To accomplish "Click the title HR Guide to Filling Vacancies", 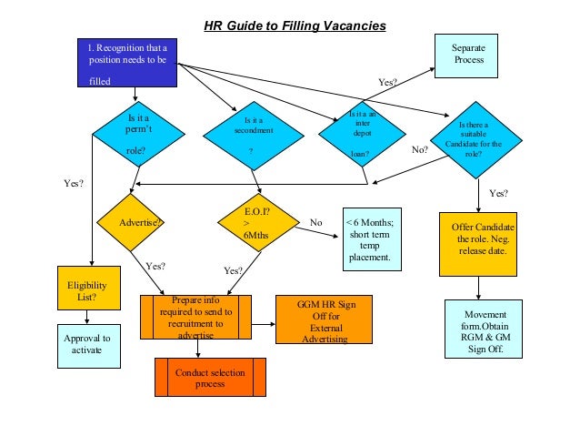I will (x=294, y=25).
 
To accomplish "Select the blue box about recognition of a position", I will (x=126, y=64).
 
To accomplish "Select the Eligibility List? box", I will (x=87, y=289).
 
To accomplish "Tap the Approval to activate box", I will (x=87, y=345).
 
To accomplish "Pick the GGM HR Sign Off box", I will (x=324, y=319).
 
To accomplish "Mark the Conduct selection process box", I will (x=210, y=378).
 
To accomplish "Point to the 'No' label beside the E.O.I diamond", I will (x=316, y=222).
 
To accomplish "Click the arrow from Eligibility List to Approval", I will (x=87, y=317).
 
